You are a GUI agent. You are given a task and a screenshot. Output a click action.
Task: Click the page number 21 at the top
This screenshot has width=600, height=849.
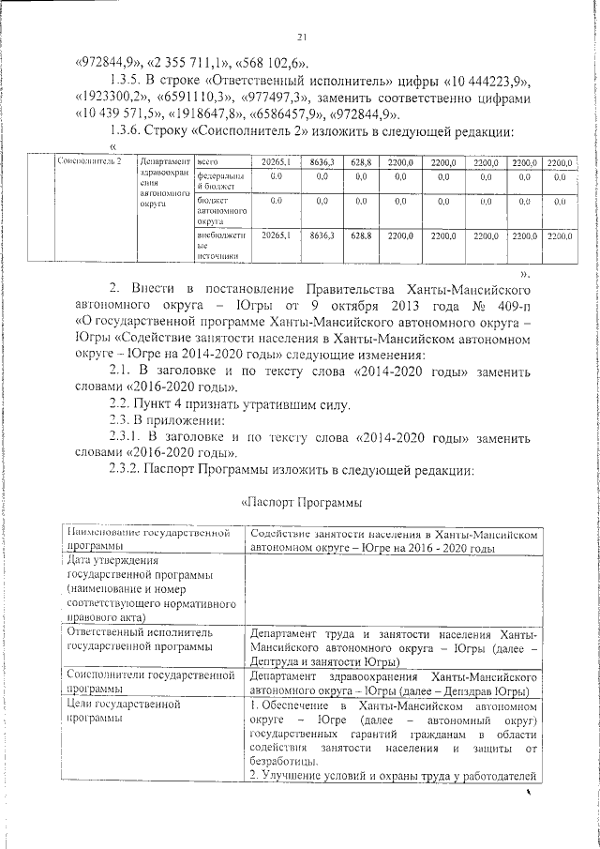(x=302, y=38)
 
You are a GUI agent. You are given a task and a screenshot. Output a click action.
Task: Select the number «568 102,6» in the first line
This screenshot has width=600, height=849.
(x=269, y=63)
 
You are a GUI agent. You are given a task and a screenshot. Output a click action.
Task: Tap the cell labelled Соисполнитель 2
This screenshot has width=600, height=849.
(x=89, y=162)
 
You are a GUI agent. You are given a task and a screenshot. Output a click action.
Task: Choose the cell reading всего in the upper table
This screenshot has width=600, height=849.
(x=207, y=162)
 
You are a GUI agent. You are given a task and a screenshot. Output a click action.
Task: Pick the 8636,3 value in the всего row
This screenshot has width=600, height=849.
(x=322, y=162)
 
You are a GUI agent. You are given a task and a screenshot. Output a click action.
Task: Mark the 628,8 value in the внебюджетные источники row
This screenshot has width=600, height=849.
(x=361, y=236)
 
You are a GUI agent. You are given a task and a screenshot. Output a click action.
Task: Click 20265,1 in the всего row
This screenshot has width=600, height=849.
(x=276, y=162)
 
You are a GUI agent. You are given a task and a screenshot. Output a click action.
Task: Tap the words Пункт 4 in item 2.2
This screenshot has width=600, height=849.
(x=164, y=405)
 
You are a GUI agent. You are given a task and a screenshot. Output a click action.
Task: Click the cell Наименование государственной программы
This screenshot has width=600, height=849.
(x=150, y=540)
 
